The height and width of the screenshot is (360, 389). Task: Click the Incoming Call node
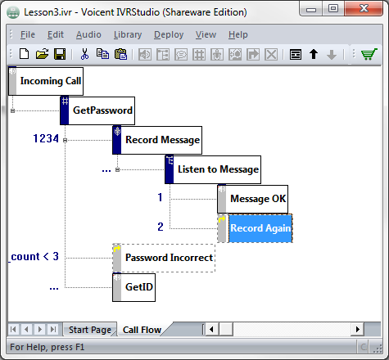point(46,81)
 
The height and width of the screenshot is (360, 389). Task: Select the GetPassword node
point(97,110)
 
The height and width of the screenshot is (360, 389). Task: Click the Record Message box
point(157,140)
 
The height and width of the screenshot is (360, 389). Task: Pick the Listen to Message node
point(213,169)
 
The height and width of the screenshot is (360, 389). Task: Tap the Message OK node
point(253,199)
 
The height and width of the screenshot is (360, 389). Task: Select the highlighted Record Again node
point(255,228)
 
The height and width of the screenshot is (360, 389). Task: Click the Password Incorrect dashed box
point(164,258)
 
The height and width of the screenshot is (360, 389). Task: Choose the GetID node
point(133,287)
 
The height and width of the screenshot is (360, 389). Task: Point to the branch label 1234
point(46,138)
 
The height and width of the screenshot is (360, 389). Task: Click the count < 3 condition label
point(34,257)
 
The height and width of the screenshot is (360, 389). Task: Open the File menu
point(28,34)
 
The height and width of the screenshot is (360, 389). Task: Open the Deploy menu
point(169,34)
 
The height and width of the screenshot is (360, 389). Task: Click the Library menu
point(128,34)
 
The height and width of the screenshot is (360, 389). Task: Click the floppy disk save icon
point(60,54)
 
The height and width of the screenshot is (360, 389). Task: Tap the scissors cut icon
point(84,54)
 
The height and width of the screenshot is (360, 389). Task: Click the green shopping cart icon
point(369,54)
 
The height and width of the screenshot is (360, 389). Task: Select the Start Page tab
point(90,330)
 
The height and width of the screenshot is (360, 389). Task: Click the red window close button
point(364,8)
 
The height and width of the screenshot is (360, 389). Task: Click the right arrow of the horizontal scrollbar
point(357,329)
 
